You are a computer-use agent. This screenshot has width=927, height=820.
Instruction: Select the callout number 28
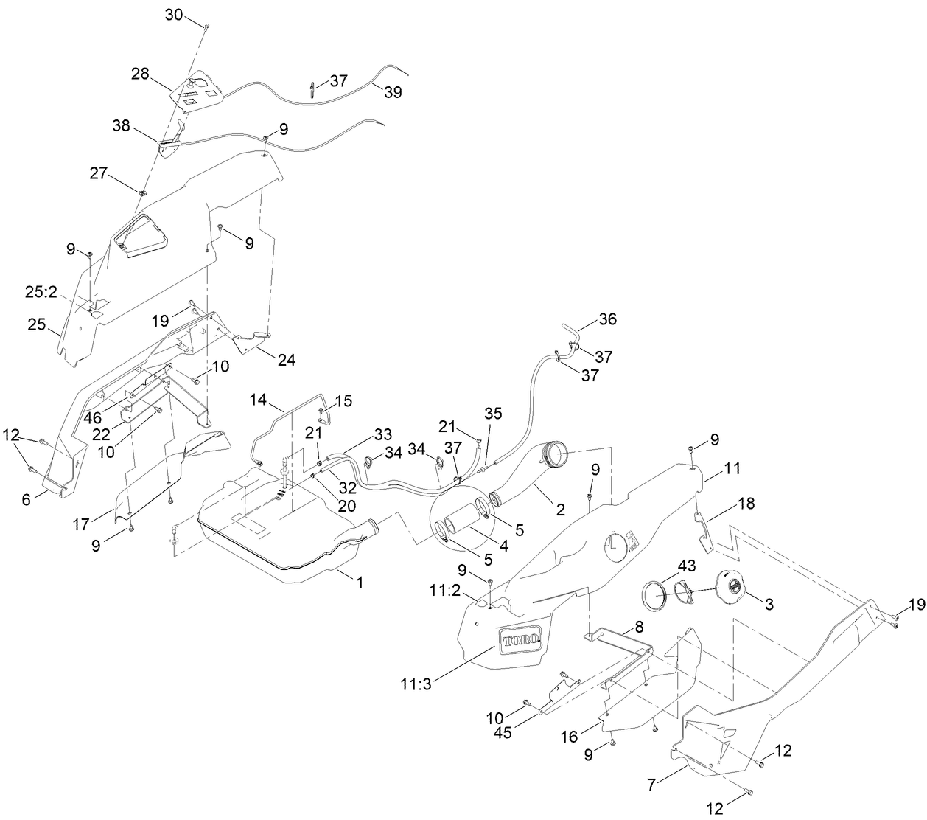tap(140, 74)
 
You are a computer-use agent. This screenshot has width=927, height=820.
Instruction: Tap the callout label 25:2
tap(41, 293)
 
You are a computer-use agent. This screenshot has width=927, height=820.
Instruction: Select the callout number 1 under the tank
tap(360, 583)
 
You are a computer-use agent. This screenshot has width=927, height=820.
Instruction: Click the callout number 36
tap(608, 319)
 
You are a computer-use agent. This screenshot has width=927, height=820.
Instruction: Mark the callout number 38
tap(121, 125)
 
